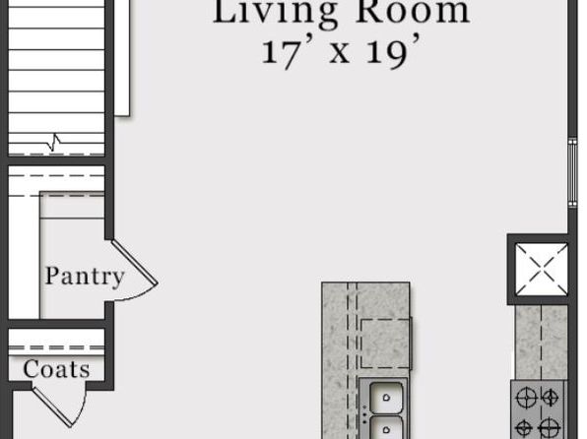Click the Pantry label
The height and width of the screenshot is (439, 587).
point(85,277)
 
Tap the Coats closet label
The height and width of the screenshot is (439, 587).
point(56,369)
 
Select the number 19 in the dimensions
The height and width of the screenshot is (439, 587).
point(390,51)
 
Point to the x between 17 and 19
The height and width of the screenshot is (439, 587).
point(340,54)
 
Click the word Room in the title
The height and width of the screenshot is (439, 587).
point(413,11)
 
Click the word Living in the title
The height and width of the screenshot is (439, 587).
point(275,11)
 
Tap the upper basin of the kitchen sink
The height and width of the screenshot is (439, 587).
point(386,398)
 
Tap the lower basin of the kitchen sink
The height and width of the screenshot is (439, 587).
point(386,428)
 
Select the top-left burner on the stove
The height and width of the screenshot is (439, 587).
point(526,398)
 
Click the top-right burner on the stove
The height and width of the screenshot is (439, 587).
point(550,398)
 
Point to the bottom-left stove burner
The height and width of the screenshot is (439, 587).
point(524,427)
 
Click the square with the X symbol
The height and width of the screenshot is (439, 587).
point(542,269)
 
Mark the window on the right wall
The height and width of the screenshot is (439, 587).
point(572,172)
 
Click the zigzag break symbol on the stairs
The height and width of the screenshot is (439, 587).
point(54,143)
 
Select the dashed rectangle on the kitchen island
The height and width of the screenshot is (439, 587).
point(385,344)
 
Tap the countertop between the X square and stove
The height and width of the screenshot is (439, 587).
point(542,343)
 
